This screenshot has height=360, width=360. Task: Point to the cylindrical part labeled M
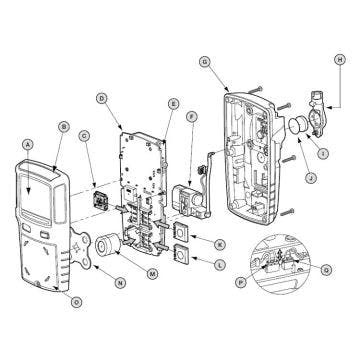[x=105, y=245]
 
